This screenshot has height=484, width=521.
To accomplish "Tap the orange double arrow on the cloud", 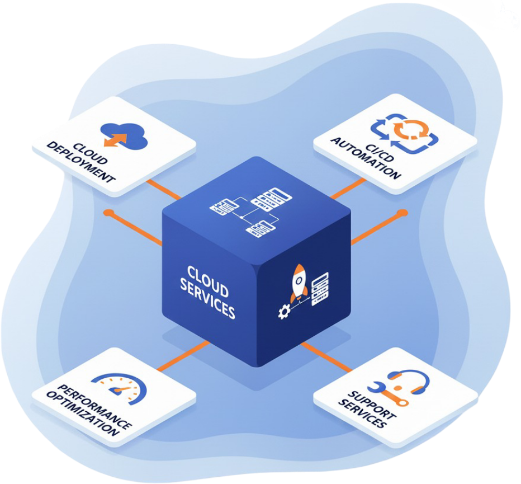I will pos(115,139).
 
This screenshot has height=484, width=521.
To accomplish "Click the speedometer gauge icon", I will pos(119,386).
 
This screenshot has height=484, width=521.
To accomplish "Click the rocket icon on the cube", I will pos(298,283).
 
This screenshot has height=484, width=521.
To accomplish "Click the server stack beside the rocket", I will pos(320,289).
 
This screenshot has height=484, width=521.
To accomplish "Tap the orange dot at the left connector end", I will pos(108,213).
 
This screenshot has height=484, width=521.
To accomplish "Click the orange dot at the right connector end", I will pos(402,213).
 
